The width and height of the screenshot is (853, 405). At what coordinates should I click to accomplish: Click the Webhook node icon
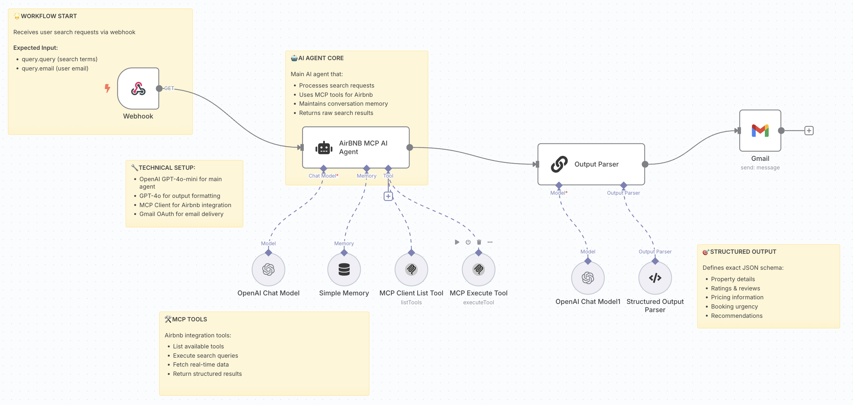pyautogui.click(x=138, y=89)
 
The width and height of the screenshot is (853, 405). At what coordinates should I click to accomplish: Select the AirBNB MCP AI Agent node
pyautogui.click(x=356, y=147)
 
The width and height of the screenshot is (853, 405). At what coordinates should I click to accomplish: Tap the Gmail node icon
pyautogui.click(x=760, y=131)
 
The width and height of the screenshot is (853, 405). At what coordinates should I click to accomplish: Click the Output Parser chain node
pyautogui.click(x=591, y=164)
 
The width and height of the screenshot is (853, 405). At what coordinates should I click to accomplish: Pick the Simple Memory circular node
pyautogui.click(x=344, y=269)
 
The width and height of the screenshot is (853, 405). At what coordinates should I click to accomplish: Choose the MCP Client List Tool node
pyautogui.click(x=411, y=269)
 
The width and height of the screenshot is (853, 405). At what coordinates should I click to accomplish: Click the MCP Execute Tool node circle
pyautogui.click(x=478, y=269)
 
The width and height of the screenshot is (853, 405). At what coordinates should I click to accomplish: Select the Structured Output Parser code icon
pyautogui.click(x=655, y=278)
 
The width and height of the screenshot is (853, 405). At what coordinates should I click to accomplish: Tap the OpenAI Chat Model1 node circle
pyautogui.click(x=588, y=278)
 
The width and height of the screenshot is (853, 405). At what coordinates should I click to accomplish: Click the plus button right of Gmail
pyautogui.click(x=809, y=131)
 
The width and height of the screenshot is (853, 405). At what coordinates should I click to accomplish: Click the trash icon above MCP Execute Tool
pyautogui.click(x=479, y=242)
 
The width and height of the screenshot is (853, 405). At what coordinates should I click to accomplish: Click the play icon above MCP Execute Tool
pyautogui.click(x=457, y=242)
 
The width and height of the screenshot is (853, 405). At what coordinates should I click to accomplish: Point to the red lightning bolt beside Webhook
pyautogui.click(x=107, y=88)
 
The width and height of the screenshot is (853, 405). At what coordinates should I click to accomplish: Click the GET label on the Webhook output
pyautogui.click(x=169, y=88)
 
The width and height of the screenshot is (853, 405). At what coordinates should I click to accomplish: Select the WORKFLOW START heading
pyautogui.click(x=49, y=16)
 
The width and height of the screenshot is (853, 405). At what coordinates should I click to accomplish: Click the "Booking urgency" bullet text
pyautogui.click(x=734, y=306)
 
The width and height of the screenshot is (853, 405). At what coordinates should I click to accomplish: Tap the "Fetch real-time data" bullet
pyautogui.click(x=201, y=364)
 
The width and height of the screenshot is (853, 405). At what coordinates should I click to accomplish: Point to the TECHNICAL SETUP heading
pyautogui.click(x=167, y=168)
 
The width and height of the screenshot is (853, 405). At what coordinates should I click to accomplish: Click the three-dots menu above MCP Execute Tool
pyautogui.click(x=490, y=242)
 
